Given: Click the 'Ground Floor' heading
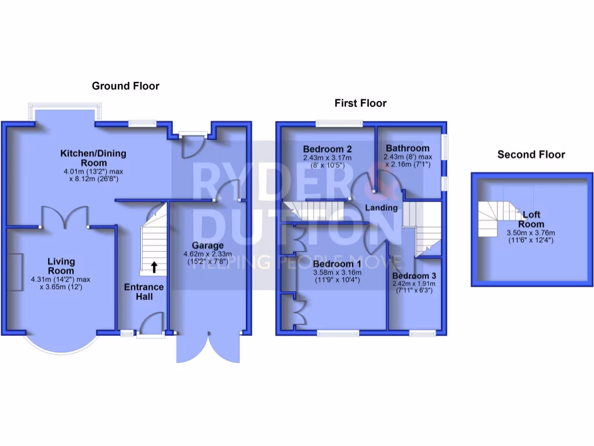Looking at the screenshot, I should coord(125,86).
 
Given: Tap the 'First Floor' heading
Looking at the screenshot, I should coord(360,103).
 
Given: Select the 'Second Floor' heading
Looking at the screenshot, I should coord(531,154).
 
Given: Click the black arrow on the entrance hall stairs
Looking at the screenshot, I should coord(154,267).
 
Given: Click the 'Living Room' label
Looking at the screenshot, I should coord(61,267).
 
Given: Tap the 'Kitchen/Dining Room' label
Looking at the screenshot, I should coord(93,158).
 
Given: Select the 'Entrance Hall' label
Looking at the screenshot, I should coord(144,292).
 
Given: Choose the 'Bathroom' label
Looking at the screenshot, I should coord(408,148).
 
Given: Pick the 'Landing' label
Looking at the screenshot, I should coord(381,207).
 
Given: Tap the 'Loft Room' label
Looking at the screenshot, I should coord(531,219).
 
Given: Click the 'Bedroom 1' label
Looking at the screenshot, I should coord(337,264).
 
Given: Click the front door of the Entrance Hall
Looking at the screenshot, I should coord(153,323).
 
